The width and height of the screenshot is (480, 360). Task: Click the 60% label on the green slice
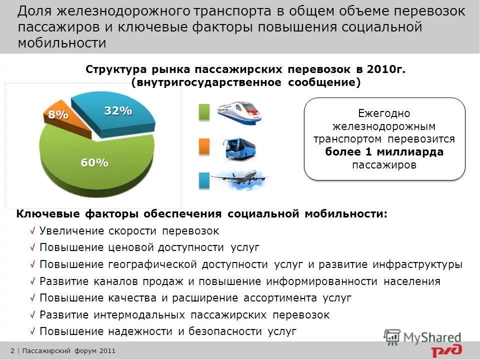tap(94, 162)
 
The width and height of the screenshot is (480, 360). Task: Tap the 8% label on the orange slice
tap(58, 114)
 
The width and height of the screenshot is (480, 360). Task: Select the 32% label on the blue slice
tap(118, 111)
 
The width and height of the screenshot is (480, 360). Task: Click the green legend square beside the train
tap(204, 112)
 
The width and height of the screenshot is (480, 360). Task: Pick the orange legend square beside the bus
tap(204, 146)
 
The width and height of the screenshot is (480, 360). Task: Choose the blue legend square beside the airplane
tap(204, 180)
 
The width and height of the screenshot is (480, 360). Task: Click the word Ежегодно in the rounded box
tap(384, 113)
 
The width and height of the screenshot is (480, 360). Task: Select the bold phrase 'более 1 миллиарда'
tap(384, 152)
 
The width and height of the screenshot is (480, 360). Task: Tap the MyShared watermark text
tap(433, 337)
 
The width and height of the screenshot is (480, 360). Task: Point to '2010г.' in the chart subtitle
tap(386, 69)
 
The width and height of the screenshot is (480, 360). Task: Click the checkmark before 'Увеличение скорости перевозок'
tap(32, 231)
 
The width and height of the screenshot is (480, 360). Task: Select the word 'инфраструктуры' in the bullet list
tap(423, 264)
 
